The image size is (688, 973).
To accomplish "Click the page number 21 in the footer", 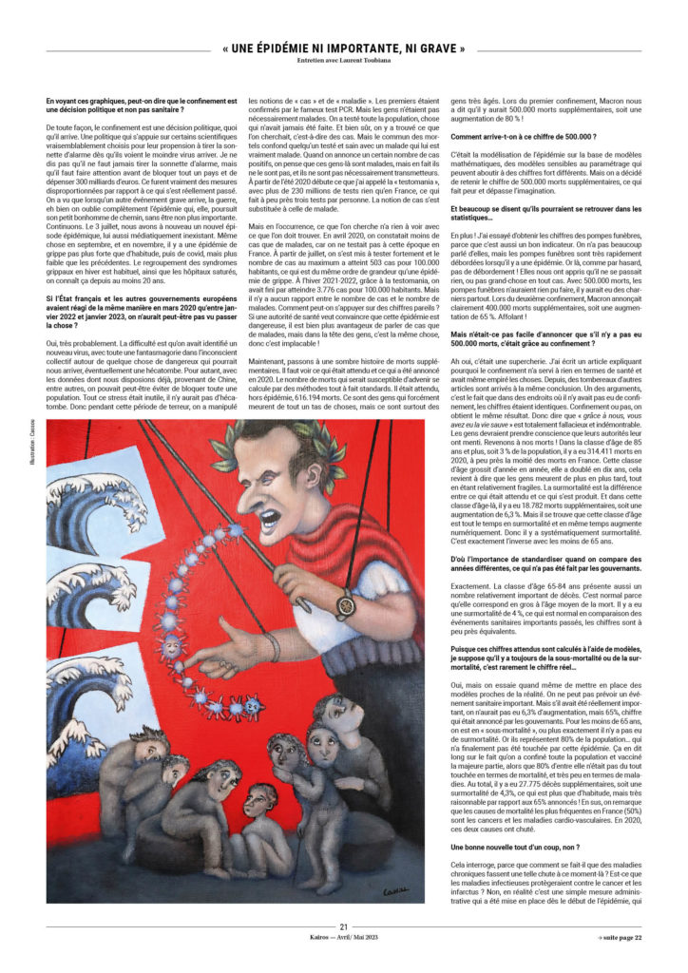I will coord(344,927).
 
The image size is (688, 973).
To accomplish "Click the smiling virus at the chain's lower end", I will coord(254,705).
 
